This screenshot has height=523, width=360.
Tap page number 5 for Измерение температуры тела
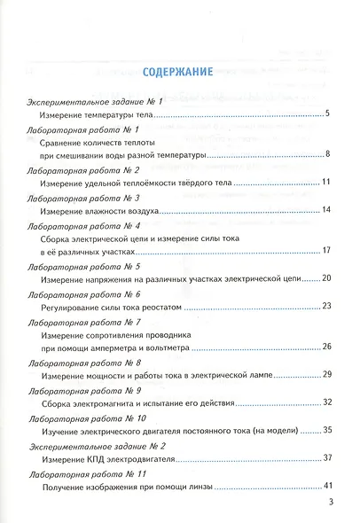[327, 114]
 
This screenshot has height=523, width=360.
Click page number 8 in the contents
[327, 156]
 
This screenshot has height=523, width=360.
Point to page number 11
[325, 183]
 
